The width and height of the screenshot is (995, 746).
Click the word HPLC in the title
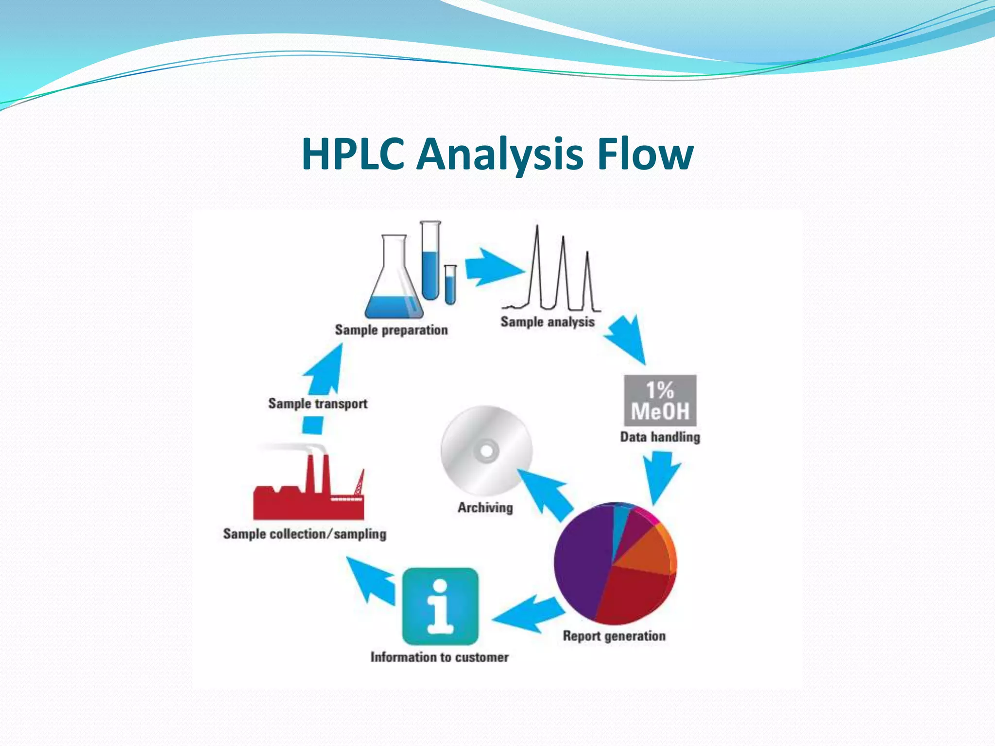point(353,154)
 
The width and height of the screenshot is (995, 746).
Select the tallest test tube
point(430,262)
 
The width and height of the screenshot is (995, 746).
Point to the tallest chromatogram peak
point(537,267)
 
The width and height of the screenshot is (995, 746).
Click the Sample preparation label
point(391,330)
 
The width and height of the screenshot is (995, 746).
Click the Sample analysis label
point(548,322)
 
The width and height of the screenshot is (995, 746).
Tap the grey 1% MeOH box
point(660,401)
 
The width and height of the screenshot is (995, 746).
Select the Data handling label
point(660,437)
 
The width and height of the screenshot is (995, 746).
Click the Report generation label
point(614,636)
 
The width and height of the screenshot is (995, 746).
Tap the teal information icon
point(440,606)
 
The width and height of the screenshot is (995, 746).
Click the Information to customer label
point(439,658)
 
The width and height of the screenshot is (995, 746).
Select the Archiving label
point(485,508)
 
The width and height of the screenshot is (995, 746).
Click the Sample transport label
point(318,404)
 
